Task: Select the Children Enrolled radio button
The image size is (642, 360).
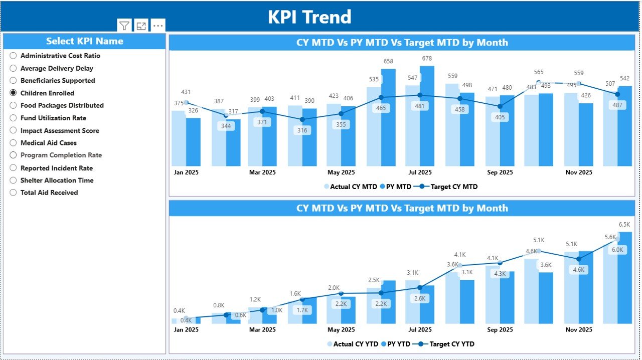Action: point(14,93)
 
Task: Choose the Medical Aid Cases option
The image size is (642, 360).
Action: point(14,143)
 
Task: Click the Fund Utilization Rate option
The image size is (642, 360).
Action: point(14,118)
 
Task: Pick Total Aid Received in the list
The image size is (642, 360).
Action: point(14,193)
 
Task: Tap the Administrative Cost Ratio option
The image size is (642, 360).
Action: point(14,56)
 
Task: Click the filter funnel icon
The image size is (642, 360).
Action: point(124,26)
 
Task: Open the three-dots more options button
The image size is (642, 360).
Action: point(158,26)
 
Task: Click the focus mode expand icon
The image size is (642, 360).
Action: point(141,26)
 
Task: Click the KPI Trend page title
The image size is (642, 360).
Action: point(309,17)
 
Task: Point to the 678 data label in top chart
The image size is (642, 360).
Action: point(427,58)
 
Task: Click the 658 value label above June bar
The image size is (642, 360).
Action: point(388,61)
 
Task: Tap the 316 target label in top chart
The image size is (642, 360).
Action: point(302,130)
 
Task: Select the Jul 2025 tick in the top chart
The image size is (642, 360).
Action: point(420,172)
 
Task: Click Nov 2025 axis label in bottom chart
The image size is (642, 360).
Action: point(578,329)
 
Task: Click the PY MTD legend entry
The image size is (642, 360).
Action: point(396,187)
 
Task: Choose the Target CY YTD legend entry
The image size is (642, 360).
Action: point(446,344)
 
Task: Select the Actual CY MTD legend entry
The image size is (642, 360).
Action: point(351,187)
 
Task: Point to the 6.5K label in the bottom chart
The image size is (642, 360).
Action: point(624,224)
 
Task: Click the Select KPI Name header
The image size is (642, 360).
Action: point(84,41)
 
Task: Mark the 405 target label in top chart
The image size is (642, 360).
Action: point(500,117)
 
